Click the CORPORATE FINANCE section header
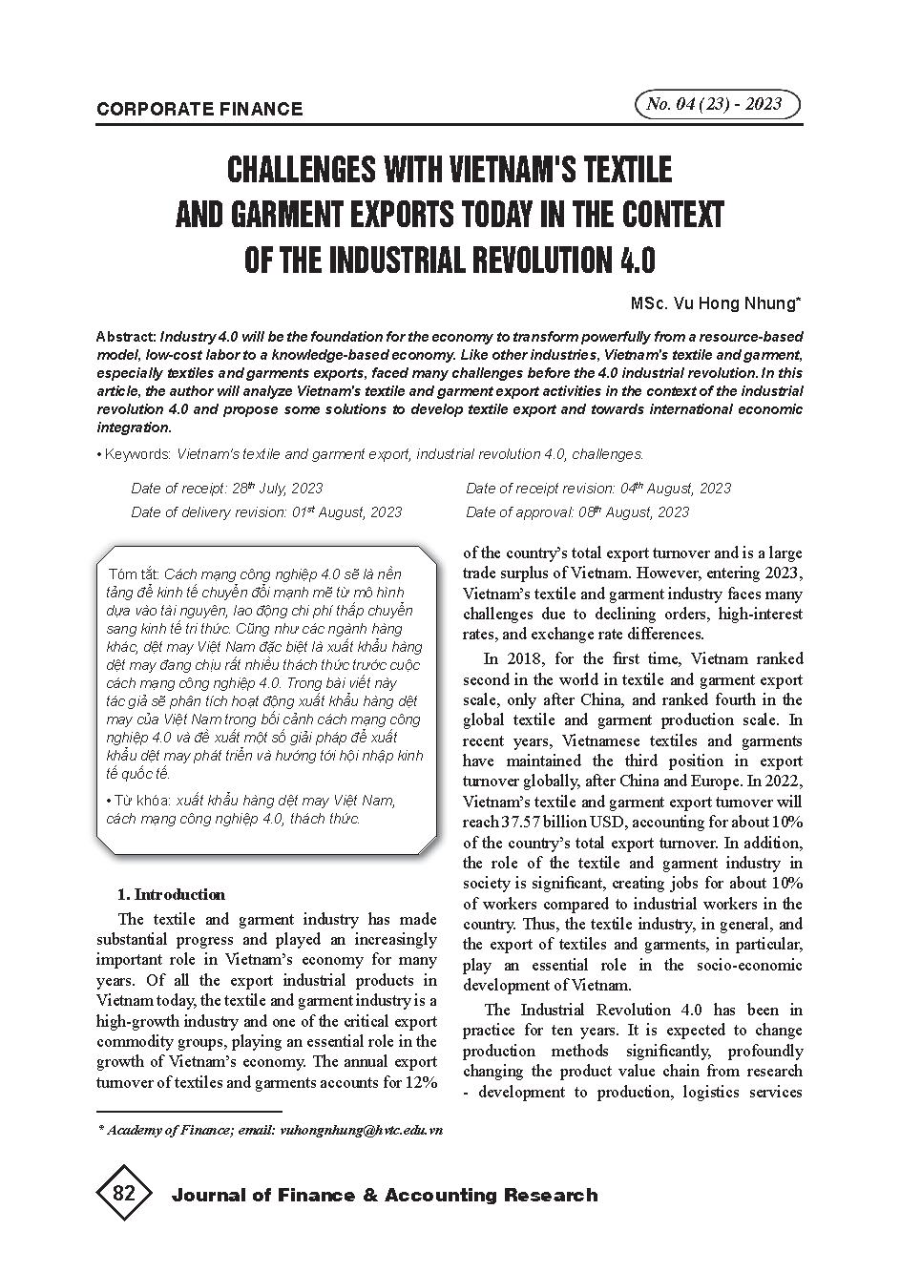pos(199,109)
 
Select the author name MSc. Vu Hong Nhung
pos(715,303)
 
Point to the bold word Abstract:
pos(126,337)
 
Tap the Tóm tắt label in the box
pos(134,574)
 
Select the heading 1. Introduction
pos(171,894)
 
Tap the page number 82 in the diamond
pos(124,1194)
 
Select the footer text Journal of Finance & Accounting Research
pos(384,1195)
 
